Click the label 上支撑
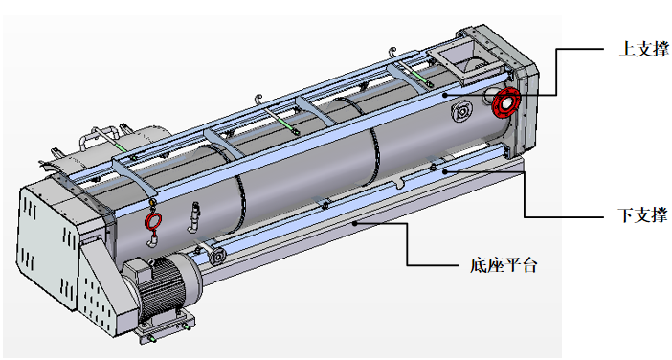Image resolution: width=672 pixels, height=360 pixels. [x=643, y=49]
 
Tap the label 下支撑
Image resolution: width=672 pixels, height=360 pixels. [x=642, y=214]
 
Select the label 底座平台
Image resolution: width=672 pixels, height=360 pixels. [x=504, y=265]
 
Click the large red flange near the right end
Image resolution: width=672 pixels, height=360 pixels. [x=505, y=102]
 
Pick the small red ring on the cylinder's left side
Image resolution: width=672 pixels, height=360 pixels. [x=153, y=222]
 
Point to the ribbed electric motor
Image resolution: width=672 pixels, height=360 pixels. [x=162, y=286]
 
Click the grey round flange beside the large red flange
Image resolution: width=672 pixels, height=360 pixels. [x=462, y=112]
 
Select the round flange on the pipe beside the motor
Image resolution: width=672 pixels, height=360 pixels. [x=218, y=257]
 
